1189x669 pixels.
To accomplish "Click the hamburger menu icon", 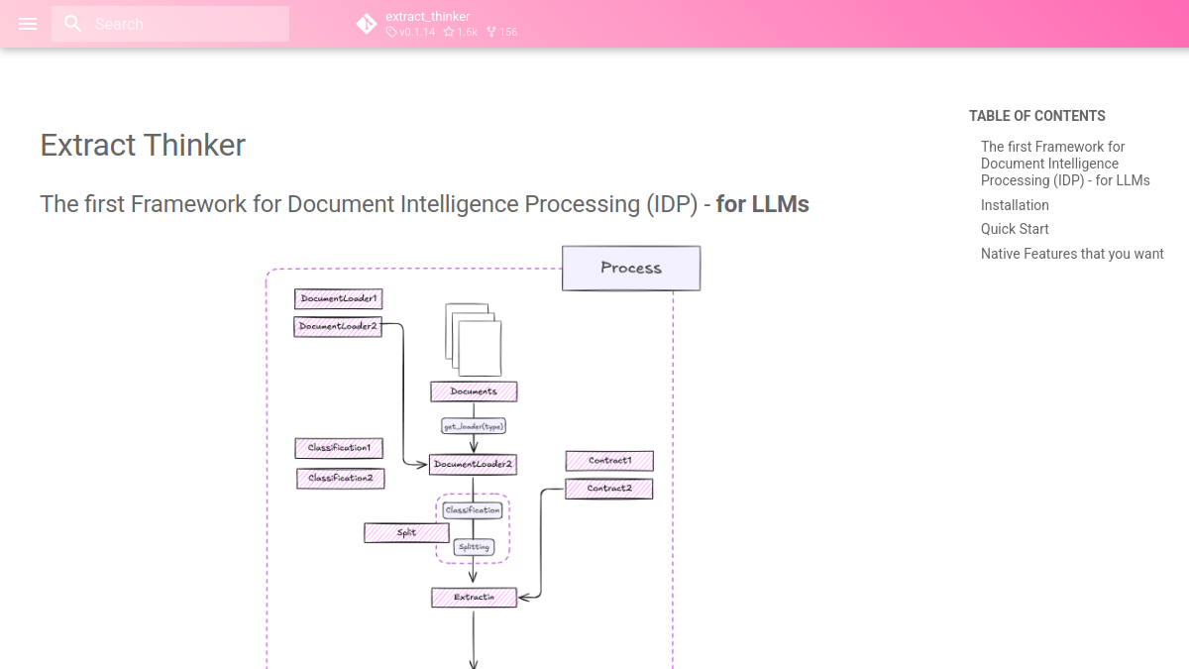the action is [x=28, y=24].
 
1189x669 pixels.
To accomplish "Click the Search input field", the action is [x=170, y=24].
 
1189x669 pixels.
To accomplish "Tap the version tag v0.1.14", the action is [x=411, y=32].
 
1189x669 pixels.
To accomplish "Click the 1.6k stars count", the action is [x=460, y=32].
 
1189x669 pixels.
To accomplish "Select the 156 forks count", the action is [x=502, y=32].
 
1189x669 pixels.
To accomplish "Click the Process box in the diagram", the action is [x=631, y=269].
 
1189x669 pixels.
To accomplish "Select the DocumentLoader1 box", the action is [x=339, y=299].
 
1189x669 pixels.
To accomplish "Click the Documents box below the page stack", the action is [x=474, y=391].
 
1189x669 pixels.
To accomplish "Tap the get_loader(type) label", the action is [x=474, y=426].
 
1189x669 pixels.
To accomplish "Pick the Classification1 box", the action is [x=339, y=448].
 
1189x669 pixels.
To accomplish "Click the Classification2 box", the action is [x=341, y=479].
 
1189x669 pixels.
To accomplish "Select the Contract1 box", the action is [x=610, y=461].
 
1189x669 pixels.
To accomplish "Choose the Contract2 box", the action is [x=609, y=489].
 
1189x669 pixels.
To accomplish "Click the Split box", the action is [x=406, y=533].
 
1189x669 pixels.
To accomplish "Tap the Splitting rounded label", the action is [x=474, y=547].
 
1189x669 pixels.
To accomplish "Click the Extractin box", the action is [x=474, y=598].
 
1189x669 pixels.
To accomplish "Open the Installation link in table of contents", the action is [x=1015, y=205].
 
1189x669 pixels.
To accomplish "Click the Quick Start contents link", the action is [x=1015, y=229].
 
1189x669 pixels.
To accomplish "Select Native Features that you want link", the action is [x=1072, y=254].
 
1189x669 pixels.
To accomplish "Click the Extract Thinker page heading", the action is [x=143, y=145].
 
